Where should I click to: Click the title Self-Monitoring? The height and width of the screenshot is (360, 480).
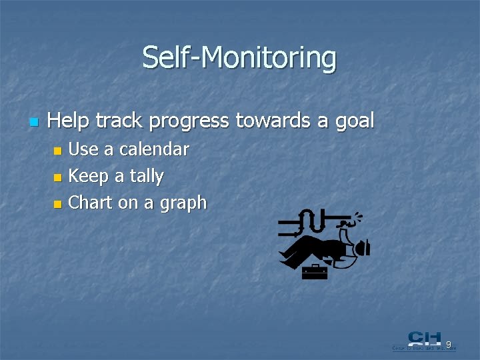pos(239,58)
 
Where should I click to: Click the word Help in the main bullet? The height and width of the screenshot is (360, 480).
pos(69,121)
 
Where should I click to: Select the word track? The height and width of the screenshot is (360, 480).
pos(120,121)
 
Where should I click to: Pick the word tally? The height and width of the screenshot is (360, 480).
pos(147,177)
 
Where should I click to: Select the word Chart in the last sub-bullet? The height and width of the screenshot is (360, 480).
pos(91,203)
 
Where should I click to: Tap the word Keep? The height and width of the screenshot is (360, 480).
pos(89,177)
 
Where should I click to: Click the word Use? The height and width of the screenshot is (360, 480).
pos(83,149)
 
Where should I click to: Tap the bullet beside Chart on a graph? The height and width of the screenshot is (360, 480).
pos(58,204)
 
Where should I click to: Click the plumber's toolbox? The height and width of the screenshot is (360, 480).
pos(314,271)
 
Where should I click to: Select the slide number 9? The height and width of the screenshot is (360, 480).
pos(449,345)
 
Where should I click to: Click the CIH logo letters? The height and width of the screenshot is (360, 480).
pos(423,339)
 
